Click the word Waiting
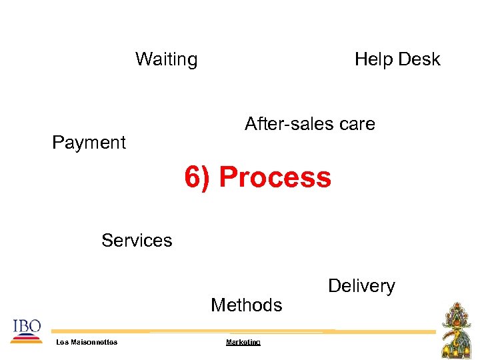coord(166,59)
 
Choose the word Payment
coord(89,143)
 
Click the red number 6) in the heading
coord(198,178)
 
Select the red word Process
coord(275,178)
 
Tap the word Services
coord(137,241)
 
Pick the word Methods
coord(246,305)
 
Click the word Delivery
coord(361,286)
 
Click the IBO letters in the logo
coord(27,326)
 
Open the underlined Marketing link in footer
coord(243,342)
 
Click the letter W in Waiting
coord(143,59)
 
